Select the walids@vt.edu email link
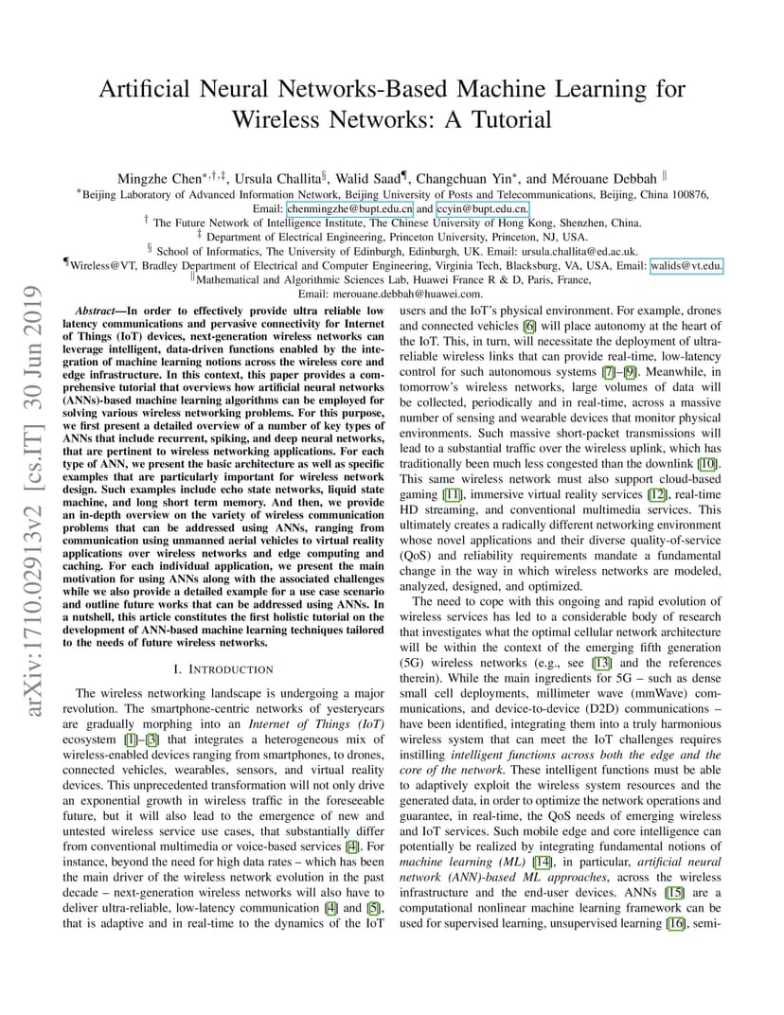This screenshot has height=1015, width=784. tap(686, 266)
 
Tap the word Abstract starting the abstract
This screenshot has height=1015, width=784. tap(98, 311)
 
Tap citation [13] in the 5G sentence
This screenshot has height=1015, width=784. tap(603, 663)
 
